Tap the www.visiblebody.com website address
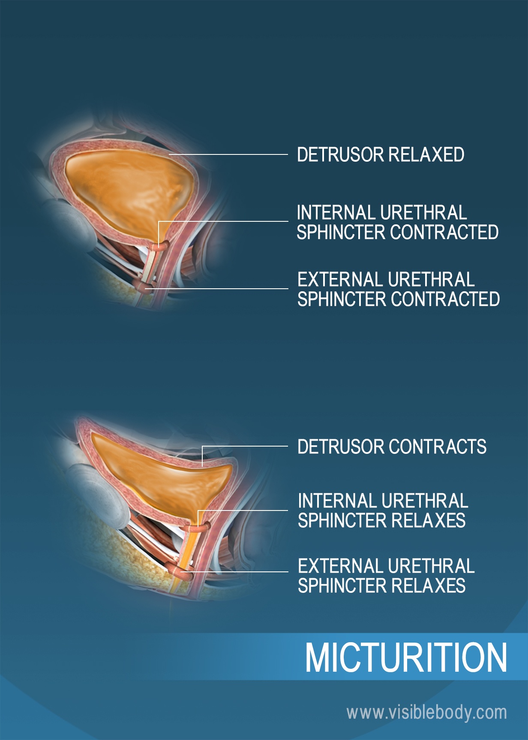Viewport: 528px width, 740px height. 426,713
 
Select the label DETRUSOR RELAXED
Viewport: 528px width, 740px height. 381,154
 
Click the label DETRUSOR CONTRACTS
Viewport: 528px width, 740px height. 392,447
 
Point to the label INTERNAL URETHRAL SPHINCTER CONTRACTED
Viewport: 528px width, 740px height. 398,222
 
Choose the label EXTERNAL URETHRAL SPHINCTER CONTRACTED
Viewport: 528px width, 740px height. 399,289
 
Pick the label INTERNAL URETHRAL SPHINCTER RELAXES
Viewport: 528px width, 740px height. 383,510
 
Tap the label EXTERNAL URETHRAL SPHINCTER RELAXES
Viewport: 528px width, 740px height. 386,576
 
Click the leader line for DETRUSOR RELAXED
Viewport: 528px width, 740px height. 228,154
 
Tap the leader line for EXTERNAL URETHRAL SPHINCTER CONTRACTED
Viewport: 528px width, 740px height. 216,289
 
